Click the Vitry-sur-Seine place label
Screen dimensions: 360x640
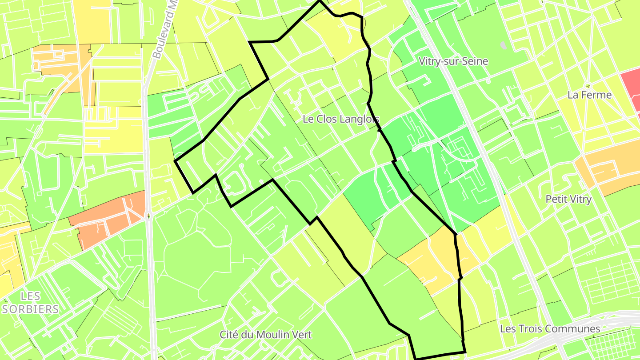[453, 61]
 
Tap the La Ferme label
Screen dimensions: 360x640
[589, 95]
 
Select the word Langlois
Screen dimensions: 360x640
[359, 119]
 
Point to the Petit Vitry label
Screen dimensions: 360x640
[568, 199]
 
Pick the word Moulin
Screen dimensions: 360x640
[275, 335]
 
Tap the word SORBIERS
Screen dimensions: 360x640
[30, 309]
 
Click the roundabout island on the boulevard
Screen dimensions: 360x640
[148, 216]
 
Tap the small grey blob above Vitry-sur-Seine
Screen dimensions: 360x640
[503, 45]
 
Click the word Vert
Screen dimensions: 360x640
[302, 335]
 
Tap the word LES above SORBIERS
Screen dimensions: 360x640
[30, 296]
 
